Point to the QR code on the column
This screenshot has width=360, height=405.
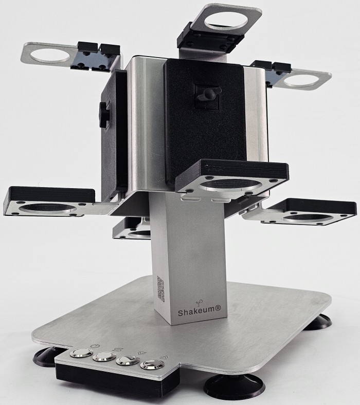161,288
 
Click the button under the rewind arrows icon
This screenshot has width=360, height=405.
128,360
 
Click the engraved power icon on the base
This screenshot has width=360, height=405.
95,345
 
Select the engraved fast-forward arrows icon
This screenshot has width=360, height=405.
164,358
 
